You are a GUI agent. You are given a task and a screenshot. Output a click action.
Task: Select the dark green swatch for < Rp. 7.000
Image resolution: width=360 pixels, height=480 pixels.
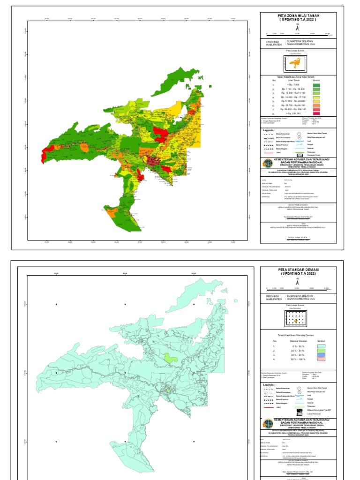(x=316, y=85)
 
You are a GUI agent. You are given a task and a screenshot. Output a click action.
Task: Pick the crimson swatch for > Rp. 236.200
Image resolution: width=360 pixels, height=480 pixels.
(x=316, y=113)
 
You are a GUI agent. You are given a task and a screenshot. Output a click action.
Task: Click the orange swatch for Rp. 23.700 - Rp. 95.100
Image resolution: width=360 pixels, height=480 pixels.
(x=316, y=105)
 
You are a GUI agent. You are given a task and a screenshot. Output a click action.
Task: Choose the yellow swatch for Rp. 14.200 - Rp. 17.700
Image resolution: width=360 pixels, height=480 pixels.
(x=316, y=97)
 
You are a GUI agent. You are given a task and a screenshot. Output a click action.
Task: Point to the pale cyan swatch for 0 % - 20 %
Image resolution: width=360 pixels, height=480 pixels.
(x=321, y=347)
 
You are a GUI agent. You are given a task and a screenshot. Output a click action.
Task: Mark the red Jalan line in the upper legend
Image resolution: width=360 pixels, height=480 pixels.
(x=268, y=153)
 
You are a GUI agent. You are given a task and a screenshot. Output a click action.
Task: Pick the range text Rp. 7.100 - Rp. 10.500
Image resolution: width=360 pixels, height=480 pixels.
(x=293, y=89)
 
